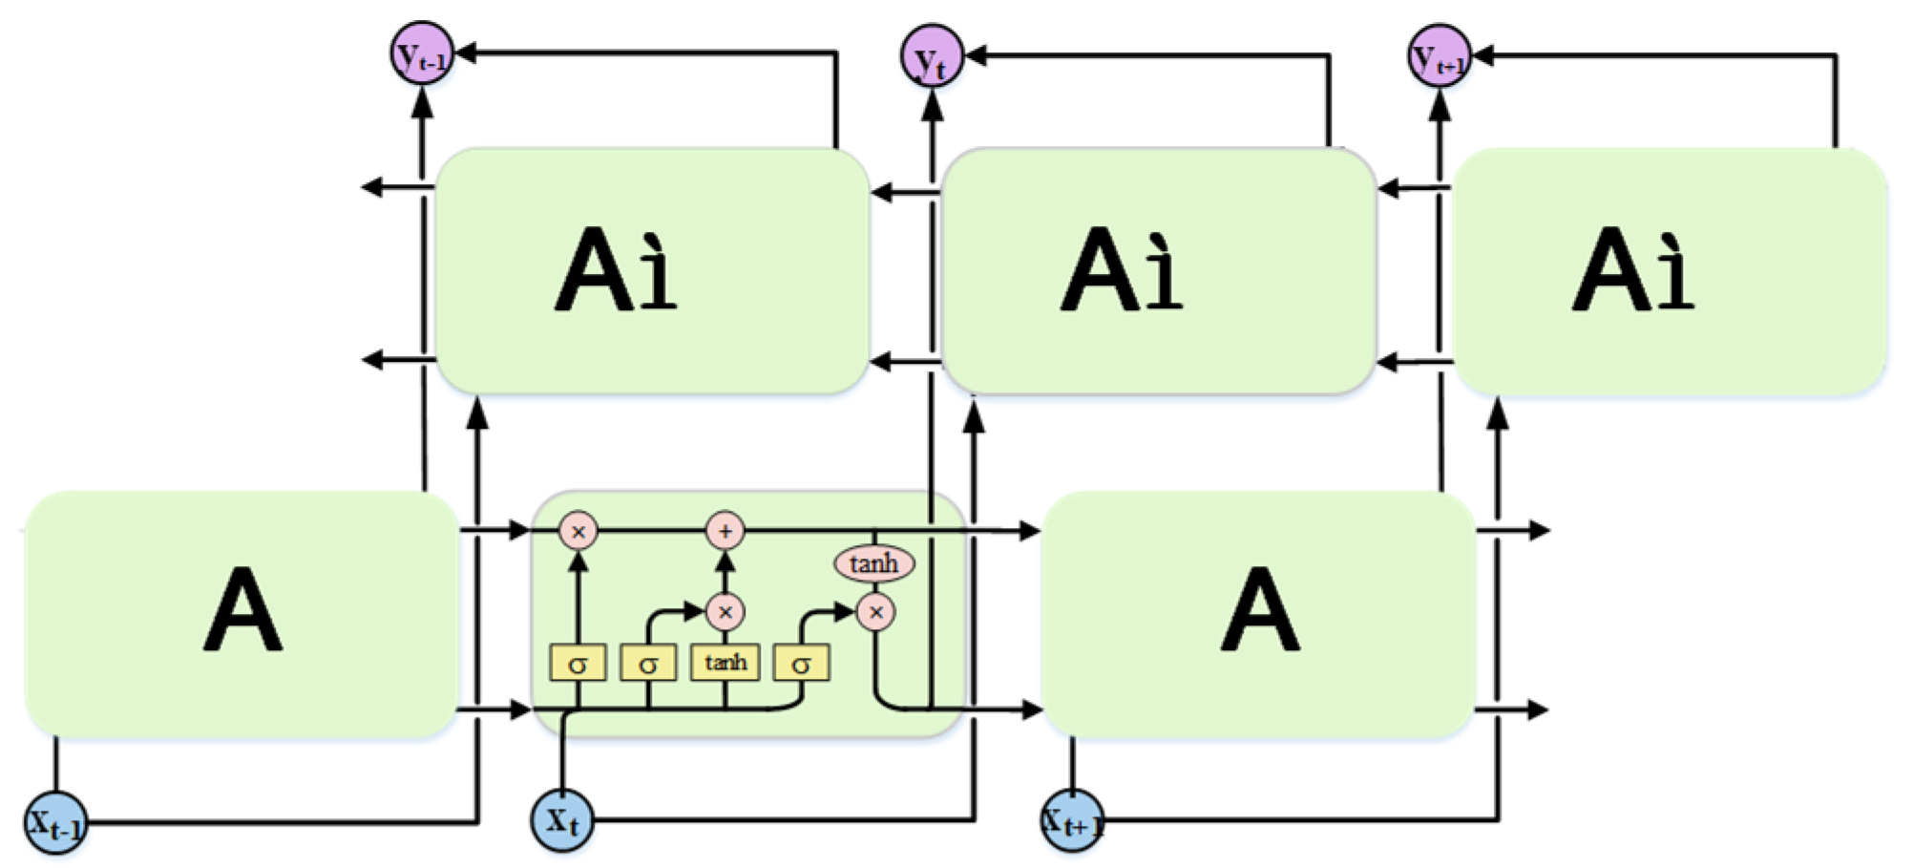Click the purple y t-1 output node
421,54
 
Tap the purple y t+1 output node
1440,56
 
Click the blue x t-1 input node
55,822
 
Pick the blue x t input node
562,819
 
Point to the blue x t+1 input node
1072,820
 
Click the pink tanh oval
874,563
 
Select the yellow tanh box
725,662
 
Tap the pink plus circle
725,531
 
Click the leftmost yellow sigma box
578,664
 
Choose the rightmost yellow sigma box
801,664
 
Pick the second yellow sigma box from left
648,664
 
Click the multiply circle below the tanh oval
875,612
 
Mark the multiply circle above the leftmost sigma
578,531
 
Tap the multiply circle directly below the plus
725,612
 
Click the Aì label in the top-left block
616,270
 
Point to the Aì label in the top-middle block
1123,270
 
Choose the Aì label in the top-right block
1633,270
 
